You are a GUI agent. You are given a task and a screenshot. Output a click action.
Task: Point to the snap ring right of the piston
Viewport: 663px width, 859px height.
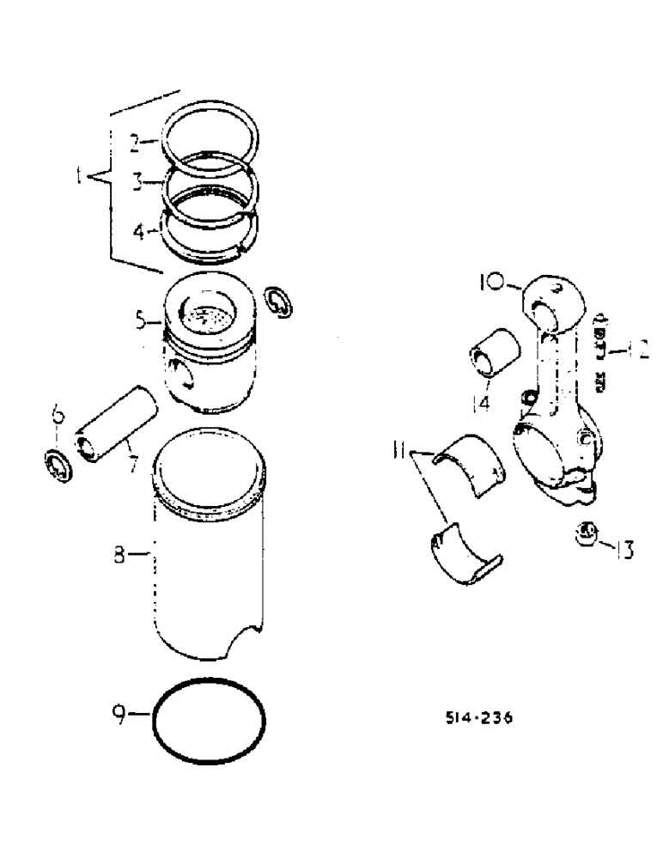click(x=280, y=301)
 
